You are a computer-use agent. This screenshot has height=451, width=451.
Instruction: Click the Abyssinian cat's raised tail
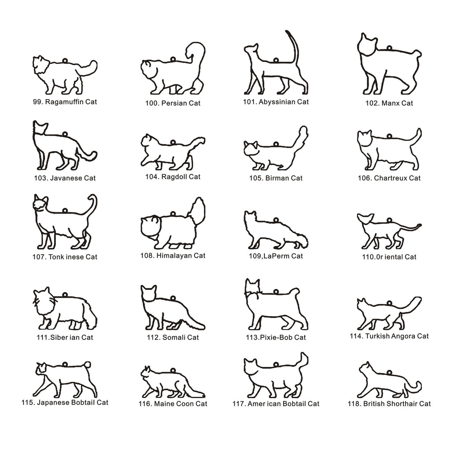pyautogui.click(x=294, y=46)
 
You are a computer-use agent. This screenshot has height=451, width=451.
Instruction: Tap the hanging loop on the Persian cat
pyautogui.click(x=173, y=59)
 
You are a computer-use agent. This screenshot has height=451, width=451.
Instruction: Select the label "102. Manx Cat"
pyautogui.click(x=389, y=103)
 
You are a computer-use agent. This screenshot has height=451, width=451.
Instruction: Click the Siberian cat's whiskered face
pyautogui.click(x=43, y=300)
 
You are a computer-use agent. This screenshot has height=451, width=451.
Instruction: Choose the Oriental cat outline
pyautogui.click(x=389, y=231)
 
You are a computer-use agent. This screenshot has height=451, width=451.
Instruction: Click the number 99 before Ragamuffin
pyautogui.click(x=37, y=102)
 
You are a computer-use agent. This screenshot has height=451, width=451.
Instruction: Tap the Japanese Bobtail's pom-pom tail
pyautogui.click(x=87, y=365)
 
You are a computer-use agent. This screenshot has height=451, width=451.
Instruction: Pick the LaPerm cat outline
pyautogui.click(x=276, y=230)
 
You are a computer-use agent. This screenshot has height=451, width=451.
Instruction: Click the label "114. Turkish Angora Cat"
pyautogui.click(x=389, y=336)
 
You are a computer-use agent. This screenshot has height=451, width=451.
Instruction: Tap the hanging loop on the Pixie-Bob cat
pyautogui.click(x=276, y=292)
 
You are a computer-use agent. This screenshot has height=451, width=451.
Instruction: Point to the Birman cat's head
pyautogui.click(x=251, y=148)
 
